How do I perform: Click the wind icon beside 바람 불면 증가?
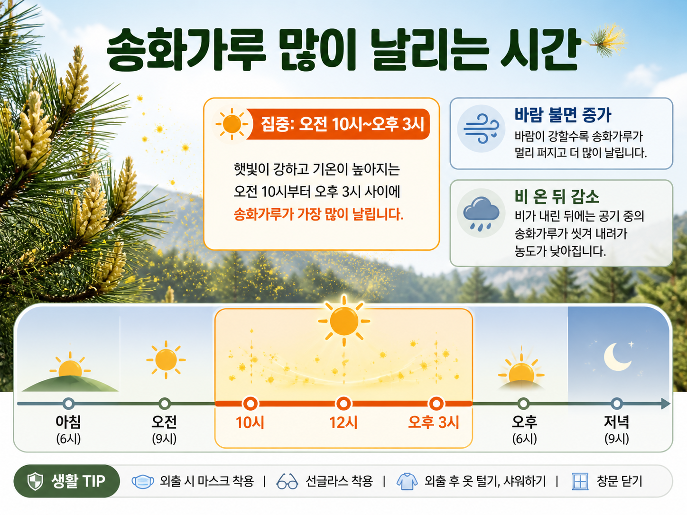[482, 129]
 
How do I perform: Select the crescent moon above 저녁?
[617, 357]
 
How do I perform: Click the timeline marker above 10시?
[251, 404]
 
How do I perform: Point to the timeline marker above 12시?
[343, 404]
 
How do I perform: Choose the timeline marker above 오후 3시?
[436, 404]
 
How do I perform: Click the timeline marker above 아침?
[68, 404]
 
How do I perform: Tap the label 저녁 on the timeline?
[616, 422]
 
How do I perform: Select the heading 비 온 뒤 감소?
[557, 197]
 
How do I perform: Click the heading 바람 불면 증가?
[563, 115]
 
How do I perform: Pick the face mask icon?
[143, 481]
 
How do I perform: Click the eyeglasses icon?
[287, 481]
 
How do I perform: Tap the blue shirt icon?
[407, 481]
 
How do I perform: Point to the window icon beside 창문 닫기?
[580, 481]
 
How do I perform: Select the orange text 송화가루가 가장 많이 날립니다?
[318, 214]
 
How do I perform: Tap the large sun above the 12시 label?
[344, 321]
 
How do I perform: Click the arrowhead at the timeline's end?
[665, 404]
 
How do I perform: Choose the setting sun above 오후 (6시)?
[521, 370]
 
